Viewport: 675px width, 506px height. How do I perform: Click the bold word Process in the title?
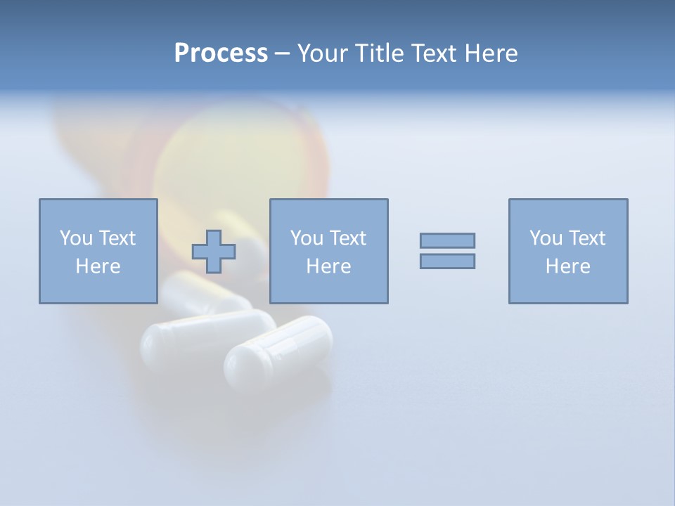coord(221,53)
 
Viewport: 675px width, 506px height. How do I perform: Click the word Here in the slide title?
coord(491,53)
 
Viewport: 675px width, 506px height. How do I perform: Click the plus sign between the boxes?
coord(214,252)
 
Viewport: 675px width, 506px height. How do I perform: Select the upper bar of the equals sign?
coord(447,240)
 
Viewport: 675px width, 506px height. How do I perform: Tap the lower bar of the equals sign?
coord(447,261)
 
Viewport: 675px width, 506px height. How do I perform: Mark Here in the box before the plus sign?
coord(98,266)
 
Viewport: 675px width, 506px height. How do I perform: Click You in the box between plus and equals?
coord(307,238)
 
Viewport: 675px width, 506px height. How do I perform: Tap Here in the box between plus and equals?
coord(328,266)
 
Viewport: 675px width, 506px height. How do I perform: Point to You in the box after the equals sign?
coord(546,238)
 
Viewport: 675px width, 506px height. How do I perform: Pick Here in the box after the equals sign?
coord(567,266)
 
